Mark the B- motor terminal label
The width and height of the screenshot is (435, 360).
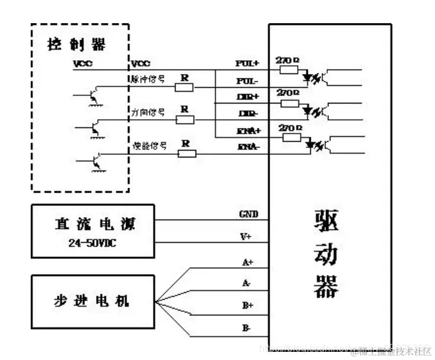click(x=247, y=327)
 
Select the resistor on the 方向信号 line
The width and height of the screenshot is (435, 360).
click(x=185, y=119)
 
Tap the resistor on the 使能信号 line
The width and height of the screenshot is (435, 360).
click(x=187, y=153)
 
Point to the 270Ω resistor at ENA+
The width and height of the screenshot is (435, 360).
click(x=291, y=137)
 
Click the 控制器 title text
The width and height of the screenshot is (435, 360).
click(x=76, y=45)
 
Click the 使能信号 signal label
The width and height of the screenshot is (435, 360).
click(x=149, y=146)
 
